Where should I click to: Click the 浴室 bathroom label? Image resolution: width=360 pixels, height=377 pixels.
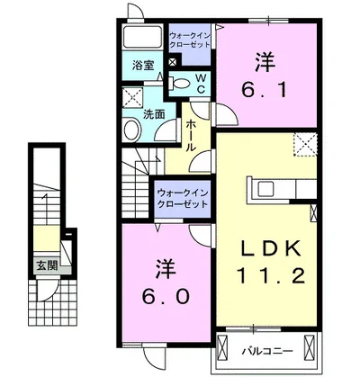pos(143,66)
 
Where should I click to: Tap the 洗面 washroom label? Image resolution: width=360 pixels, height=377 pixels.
pos(153,115)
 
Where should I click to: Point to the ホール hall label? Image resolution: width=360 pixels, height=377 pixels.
pos(191,135)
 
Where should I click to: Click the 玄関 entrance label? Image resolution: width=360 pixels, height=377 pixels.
pos(47,265)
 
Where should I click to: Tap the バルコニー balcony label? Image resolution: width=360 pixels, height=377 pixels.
pos(273,345)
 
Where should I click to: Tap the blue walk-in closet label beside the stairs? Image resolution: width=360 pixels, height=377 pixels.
pos(180,199)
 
